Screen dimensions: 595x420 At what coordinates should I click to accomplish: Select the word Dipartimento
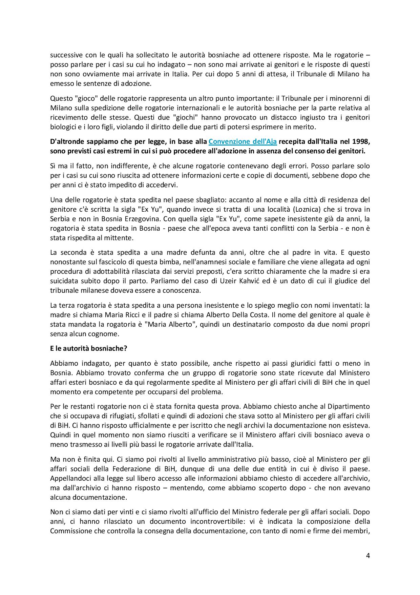coord(346,406)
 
